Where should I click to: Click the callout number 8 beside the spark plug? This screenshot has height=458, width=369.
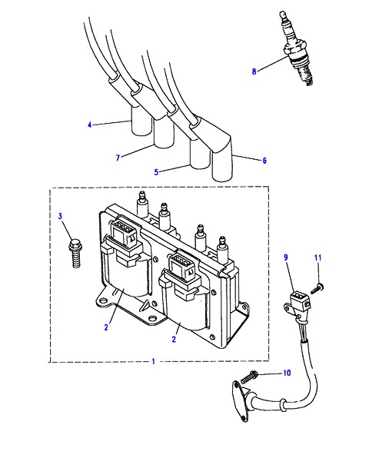(x=254, y=71)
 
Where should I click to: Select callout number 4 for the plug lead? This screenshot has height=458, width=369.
(x=90, y=125)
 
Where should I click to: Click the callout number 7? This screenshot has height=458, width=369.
(x=118, y=158)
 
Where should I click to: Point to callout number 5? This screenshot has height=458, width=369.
(x=156, y=172)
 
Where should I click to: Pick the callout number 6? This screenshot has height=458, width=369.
(x=264, y=161)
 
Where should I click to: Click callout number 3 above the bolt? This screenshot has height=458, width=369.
(x=60, y=216)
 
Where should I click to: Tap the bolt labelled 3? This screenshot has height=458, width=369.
(x=75, y=254)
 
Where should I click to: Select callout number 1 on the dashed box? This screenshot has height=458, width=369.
(x=154, y=362)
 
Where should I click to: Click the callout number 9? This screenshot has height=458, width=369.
(x=286, y=257)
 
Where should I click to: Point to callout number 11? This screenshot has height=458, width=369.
(x=317, y=257)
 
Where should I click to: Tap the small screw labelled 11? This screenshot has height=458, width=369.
(x=316, y=290)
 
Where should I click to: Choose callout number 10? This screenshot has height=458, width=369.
(x=287, y=373)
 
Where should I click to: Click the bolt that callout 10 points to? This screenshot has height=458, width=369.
(x=249, y=377)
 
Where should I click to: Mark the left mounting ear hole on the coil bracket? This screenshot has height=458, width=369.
(x=102, y=300)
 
